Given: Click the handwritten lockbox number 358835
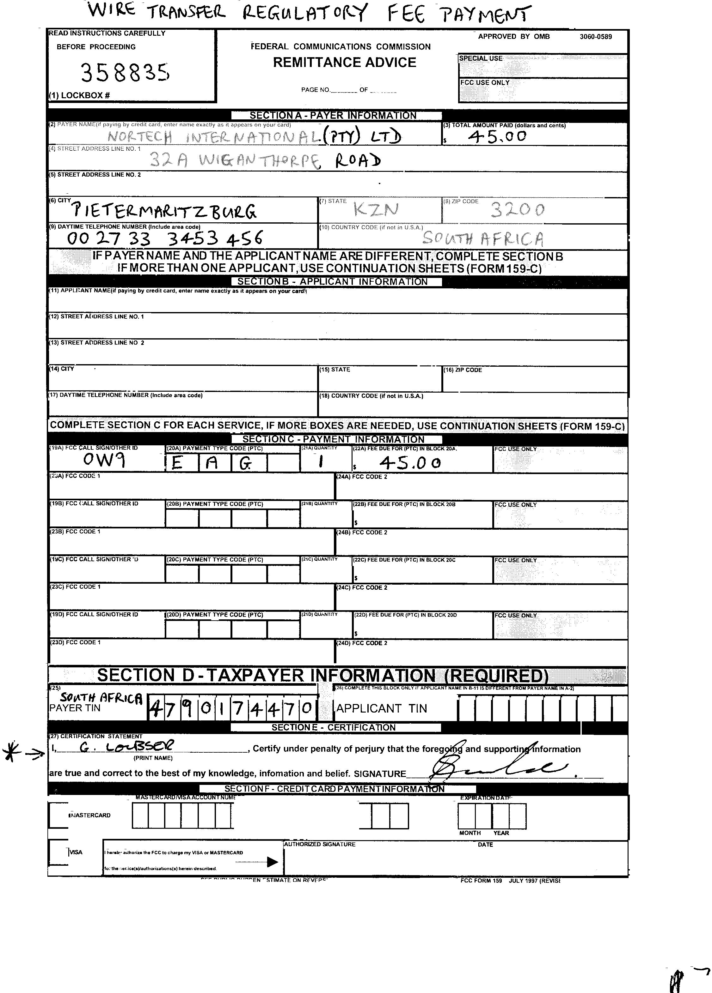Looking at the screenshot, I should coord(125,72).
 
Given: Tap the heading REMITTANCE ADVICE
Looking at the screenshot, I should coord(344,62).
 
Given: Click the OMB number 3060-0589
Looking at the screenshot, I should coord(595,37).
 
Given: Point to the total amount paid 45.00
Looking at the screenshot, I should coord(497,137).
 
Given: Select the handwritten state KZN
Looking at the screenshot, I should coord(376,210).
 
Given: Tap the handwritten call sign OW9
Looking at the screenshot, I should coord(104,460).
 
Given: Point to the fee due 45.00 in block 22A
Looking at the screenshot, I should coord(410,462).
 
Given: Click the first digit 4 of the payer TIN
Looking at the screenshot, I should coord(155,708).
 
